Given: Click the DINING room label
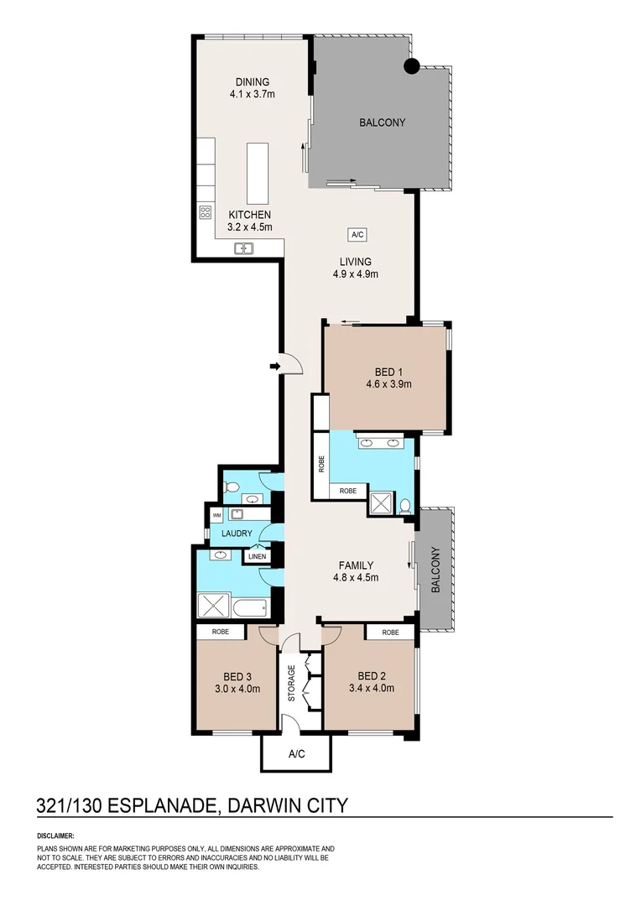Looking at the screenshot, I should (253, 82).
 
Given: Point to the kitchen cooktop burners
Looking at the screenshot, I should (205, 213).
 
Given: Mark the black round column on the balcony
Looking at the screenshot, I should (411, 67).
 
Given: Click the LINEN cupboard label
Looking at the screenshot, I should (255, 555).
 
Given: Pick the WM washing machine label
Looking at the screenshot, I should (216, 515).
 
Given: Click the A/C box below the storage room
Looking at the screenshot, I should (296, 754).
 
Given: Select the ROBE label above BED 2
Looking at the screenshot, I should (390, 633).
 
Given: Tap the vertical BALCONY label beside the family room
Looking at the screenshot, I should (435, 570).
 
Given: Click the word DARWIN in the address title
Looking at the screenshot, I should (267, 806).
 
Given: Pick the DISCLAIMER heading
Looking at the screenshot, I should (55, 836).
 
